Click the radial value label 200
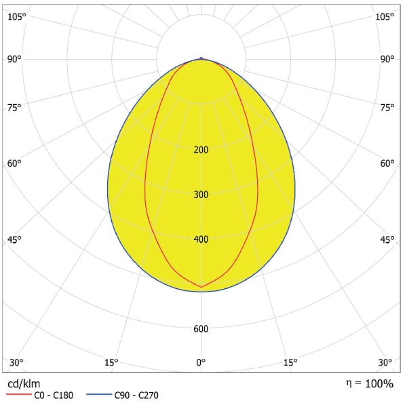pos(201,150)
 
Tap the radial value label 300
pos(201,195)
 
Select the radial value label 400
pos(201,239)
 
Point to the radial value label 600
pos(201,330)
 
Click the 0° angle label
pos(201,362)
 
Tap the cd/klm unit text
pos(24,384)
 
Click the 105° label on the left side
pos(16,16)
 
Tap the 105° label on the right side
pos(385,16)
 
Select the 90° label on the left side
pos(15,59)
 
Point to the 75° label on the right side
pos(387,107)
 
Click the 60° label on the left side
pos(15,163)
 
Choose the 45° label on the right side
pos(387,239)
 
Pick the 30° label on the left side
pos(16,362)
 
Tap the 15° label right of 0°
pos(290,362)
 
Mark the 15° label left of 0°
pos(111,362)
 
